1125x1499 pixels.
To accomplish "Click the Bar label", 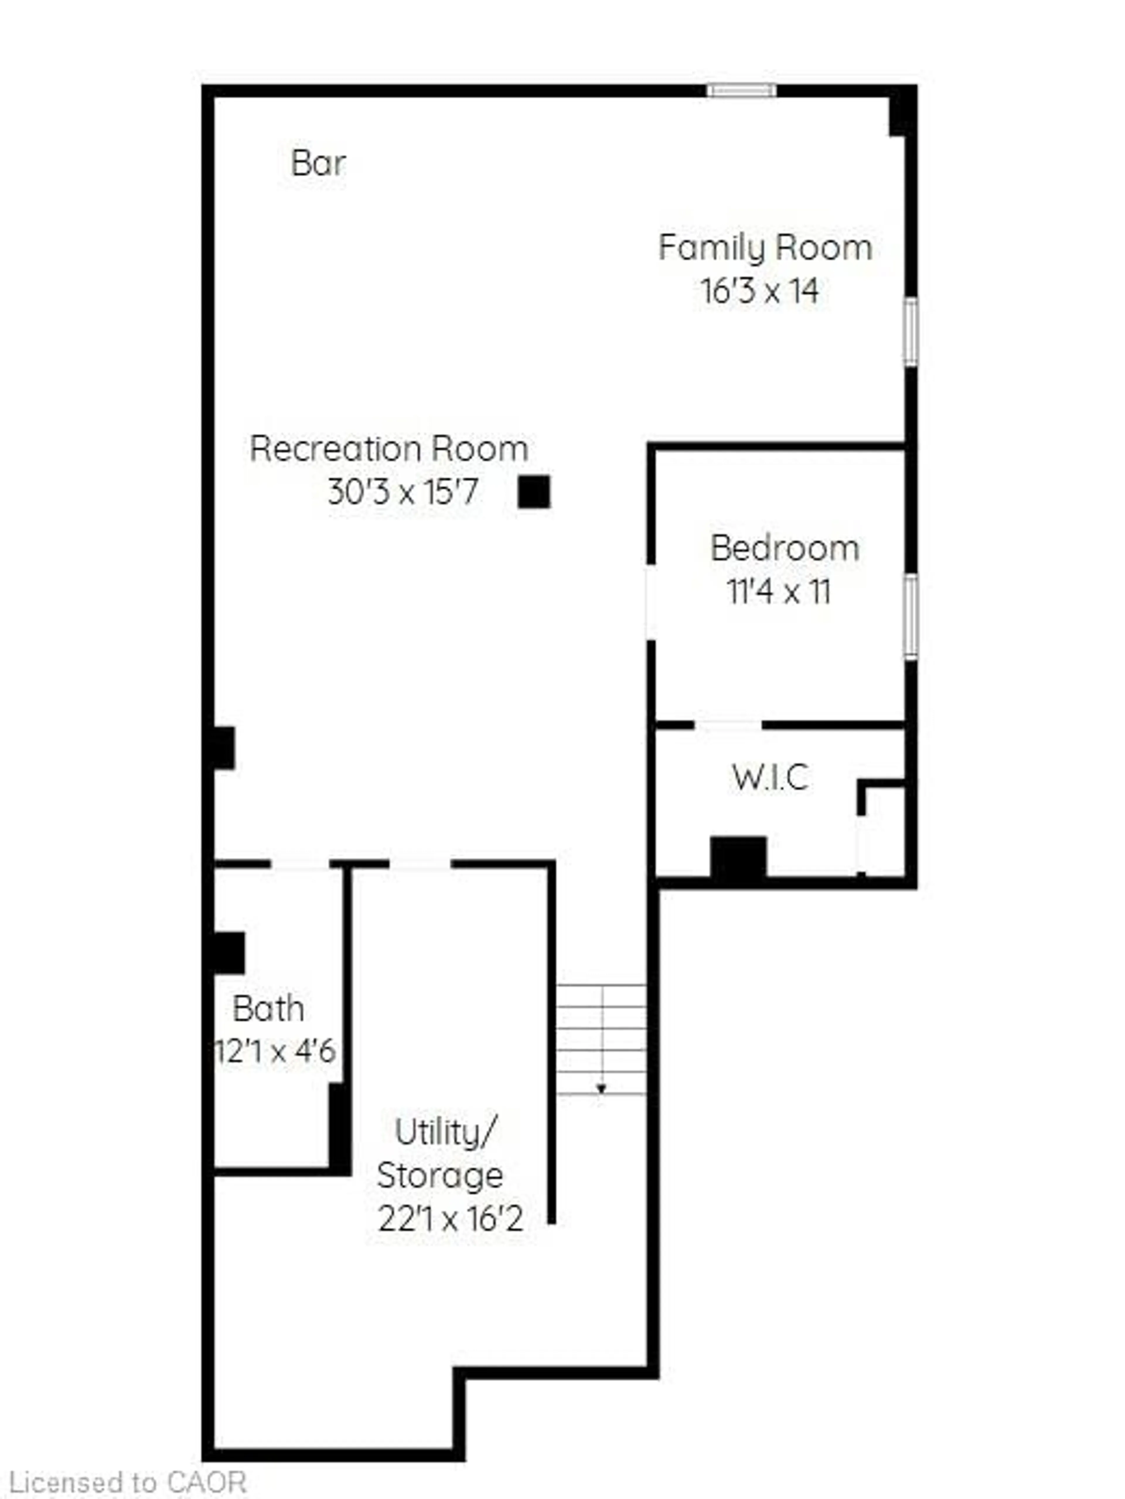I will (318, 163).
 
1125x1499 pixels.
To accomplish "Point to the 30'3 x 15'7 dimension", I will (403, 492).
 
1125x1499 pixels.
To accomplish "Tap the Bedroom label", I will (784, 548).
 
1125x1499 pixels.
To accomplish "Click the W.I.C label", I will (770, 777).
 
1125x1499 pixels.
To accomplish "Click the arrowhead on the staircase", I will (601, 1089).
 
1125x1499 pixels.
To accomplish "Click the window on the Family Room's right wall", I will (911, 332).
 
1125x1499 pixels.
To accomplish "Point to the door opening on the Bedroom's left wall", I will (651, 602).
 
